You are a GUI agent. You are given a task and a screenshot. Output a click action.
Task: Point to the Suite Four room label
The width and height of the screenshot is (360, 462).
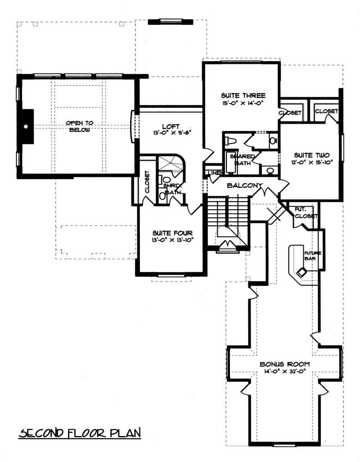point(172,233)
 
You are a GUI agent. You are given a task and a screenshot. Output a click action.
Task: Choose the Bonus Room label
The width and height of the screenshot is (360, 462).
point(284,364)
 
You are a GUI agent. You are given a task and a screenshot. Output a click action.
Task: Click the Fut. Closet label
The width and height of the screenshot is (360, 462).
point(306,213)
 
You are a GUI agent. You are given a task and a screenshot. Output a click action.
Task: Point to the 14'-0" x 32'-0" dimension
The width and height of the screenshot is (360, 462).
point(284,372)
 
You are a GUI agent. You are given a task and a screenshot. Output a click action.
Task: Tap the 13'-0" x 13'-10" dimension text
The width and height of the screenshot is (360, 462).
point(172,240)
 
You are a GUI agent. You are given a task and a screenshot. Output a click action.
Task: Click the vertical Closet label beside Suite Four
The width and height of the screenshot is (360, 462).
point(147,182)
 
